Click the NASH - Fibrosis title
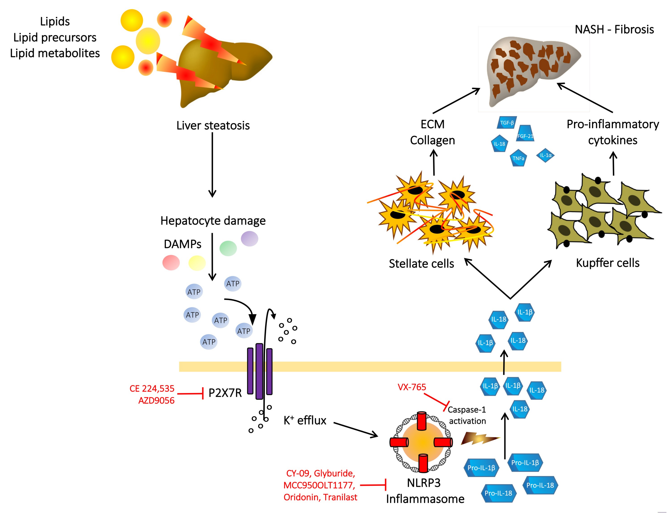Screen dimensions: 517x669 (614, 29)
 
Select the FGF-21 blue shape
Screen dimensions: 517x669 (525, 134)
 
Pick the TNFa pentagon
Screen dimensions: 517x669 (518, 158)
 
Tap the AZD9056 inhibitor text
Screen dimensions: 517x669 (156, 400)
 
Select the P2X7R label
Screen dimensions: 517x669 (225, 393)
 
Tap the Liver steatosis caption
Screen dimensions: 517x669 (213, 126)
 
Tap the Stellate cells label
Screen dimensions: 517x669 (421, 264)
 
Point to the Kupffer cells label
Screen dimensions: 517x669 (607, 263)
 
